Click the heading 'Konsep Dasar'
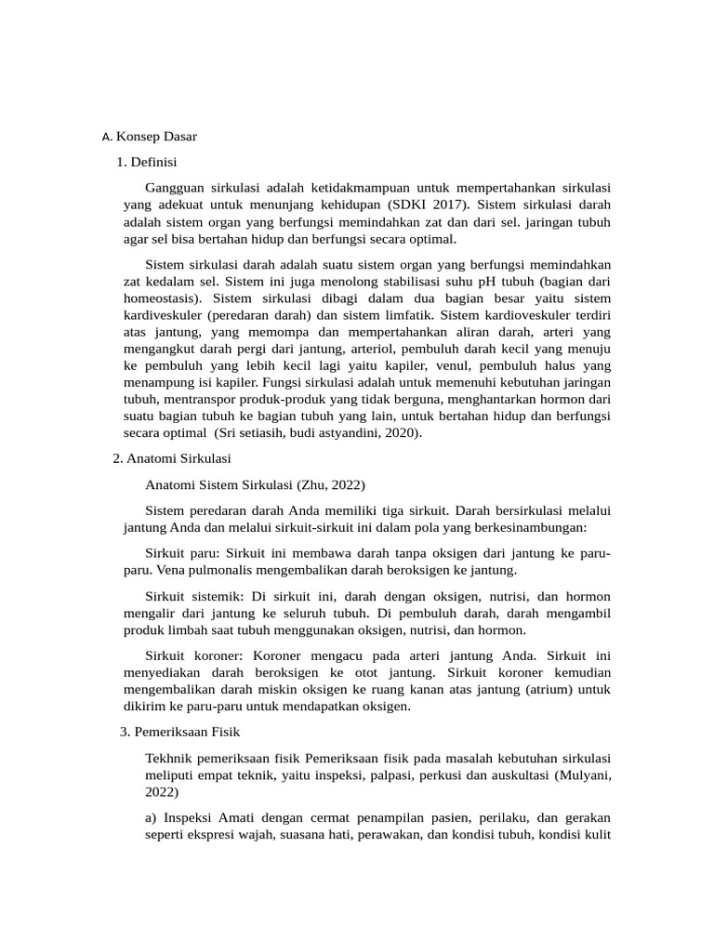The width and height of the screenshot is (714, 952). pyautogui.click(x=156, y=137)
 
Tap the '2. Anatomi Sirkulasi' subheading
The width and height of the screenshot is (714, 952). pyautogui.click(x=172, y=458)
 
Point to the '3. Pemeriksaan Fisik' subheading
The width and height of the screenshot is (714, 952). pyautogui.click(x=174, y=732)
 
